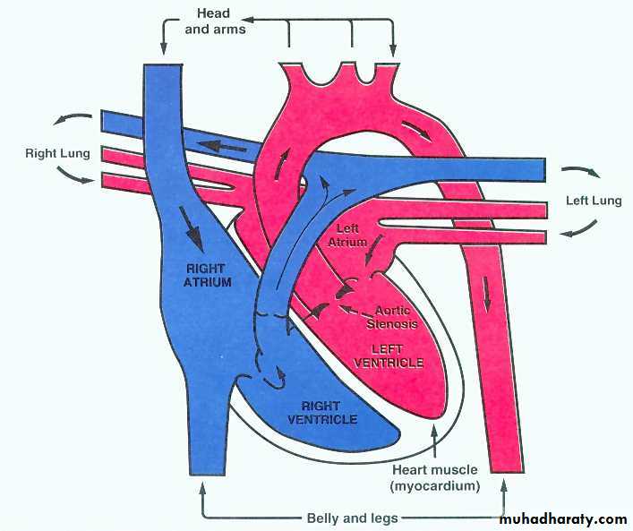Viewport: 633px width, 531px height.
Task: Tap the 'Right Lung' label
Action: (57, 153)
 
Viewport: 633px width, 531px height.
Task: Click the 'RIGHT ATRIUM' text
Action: (209, 274)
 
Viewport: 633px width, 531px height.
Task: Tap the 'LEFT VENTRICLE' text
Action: (389, 355)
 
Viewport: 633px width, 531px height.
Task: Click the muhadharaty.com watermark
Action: (563, 518)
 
